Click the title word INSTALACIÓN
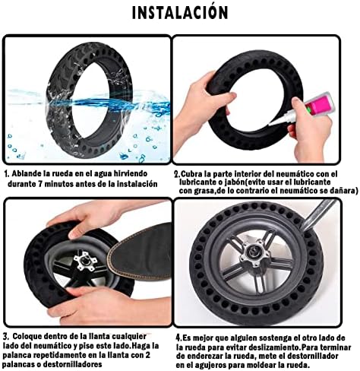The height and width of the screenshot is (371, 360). pyautogui.click(x=180, y=12)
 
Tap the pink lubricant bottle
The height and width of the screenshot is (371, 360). pyautogui.click(x=320, y=104)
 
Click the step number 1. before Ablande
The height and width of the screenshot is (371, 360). pyautogui.click(x=7, y=174)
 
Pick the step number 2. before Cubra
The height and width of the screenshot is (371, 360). pyautogui.click(x=177, y=174)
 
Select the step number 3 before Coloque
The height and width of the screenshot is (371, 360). pyautogui.click(x=6, y=337)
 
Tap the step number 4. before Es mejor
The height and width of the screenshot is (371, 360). pyautogui.click(x=179, y=338)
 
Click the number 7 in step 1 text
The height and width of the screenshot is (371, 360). pyautogui.click(x=40, y=184)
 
